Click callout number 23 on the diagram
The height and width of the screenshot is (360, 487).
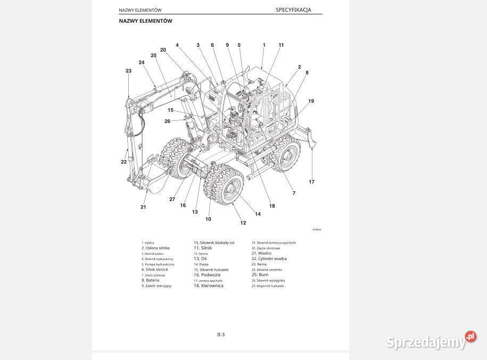pos(128,71)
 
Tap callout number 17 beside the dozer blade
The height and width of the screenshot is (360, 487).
pos(311,182)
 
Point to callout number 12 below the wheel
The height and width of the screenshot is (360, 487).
pos(243,223)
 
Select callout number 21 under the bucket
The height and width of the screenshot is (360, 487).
pos(143,207)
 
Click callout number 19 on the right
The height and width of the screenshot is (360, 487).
pos(311,101)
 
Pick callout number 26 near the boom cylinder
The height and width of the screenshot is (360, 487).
pos(167,121)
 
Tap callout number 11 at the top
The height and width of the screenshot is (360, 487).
pos(281,45)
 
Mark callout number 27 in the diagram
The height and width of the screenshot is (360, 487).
pos(172,199)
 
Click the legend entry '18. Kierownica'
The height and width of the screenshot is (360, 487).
pos(208,286)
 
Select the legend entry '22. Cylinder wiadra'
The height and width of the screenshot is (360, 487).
pos(269,259)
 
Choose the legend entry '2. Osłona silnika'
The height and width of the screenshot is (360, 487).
pos(155,248)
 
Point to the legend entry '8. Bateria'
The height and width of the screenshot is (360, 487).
pos(150,280)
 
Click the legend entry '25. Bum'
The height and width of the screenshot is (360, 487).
pos(260,275)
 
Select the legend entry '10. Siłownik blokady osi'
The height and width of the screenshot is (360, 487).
pos(214,242)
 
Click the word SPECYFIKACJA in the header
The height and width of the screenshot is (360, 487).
pos(293,10)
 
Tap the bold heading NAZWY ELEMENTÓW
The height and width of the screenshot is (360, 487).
pos(145,21)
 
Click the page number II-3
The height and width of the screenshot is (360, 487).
pos(220,334)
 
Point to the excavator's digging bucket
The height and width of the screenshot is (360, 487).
pos(152,178)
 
